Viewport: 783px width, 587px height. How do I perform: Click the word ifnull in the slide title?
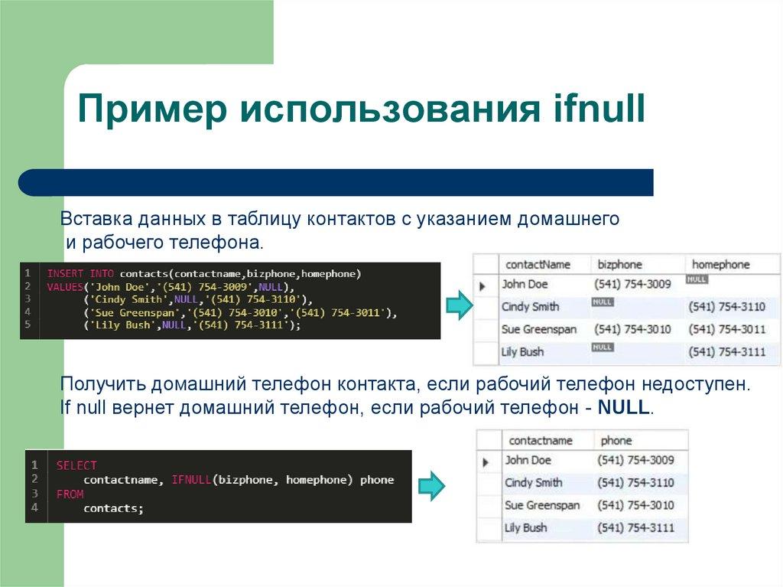pos(599,109)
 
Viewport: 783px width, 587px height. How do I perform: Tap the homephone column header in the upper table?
pos(720,264)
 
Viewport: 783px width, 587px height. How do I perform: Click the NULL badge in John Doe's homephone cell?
pos(697,280)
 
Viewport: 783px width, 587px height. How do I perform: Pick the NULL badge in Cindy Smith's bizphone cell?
pos(603,302)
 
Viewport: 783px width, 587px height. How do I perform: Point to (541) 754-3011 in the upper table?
pos(726,329)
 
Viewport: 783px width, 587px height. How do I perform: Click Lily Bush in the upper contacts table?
pos(523,352)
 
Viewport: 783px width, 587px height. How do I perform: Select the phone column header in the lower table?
pos(616,440)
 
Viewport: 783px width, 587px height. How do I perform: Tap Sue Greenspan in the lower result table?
pos(542,505)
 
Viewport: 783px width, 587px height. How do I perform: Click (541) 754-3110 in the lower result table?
pos(635,483)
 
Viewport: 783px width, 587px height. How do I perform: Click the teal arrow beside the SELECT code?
pos(432,485)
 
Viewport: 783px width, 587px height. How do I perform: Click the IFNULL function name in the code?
pos(190,480)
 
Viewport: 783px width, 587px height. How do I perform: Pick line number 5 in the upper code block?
pos(27,324)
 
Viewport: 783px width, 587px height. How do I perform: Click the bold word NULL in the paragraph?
pos(623,408)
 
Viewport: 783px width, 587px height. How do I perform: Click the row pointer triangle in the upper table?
pos(483,286)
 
